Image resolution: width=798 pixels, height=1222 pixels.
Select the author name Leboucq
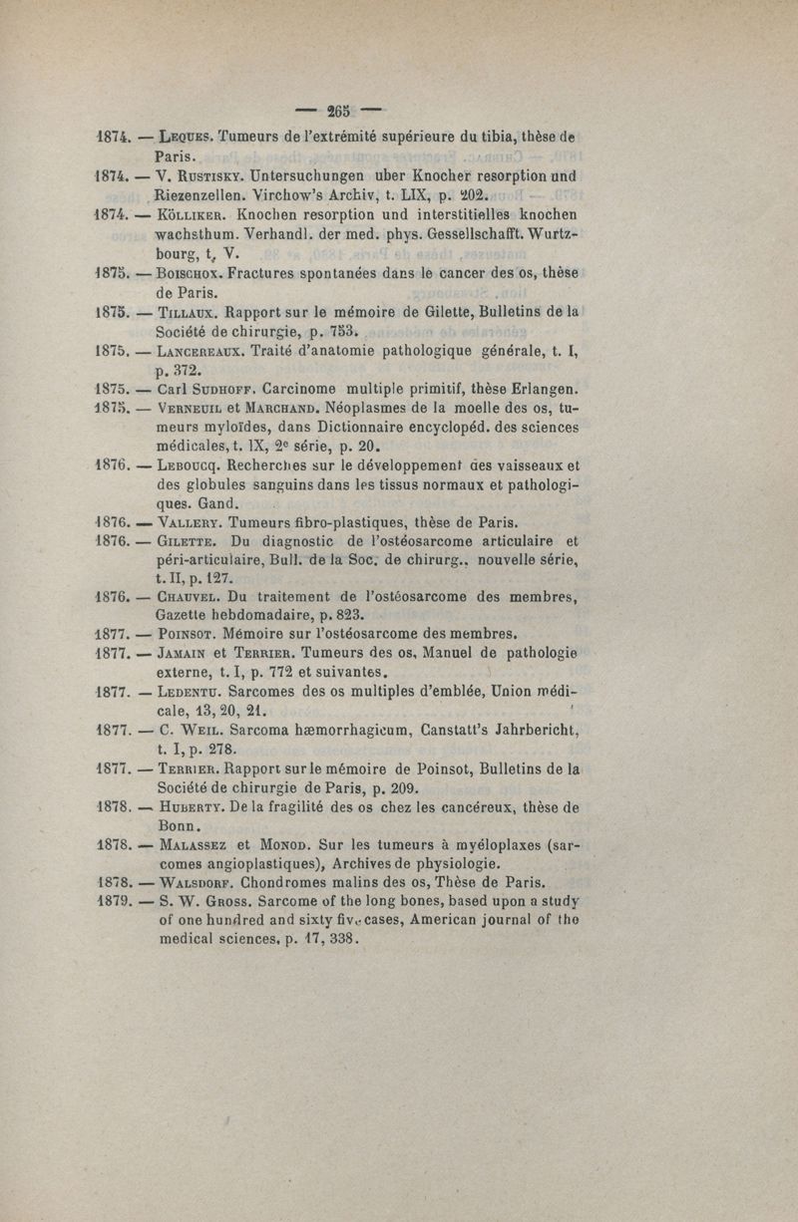tap(190, 463)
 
